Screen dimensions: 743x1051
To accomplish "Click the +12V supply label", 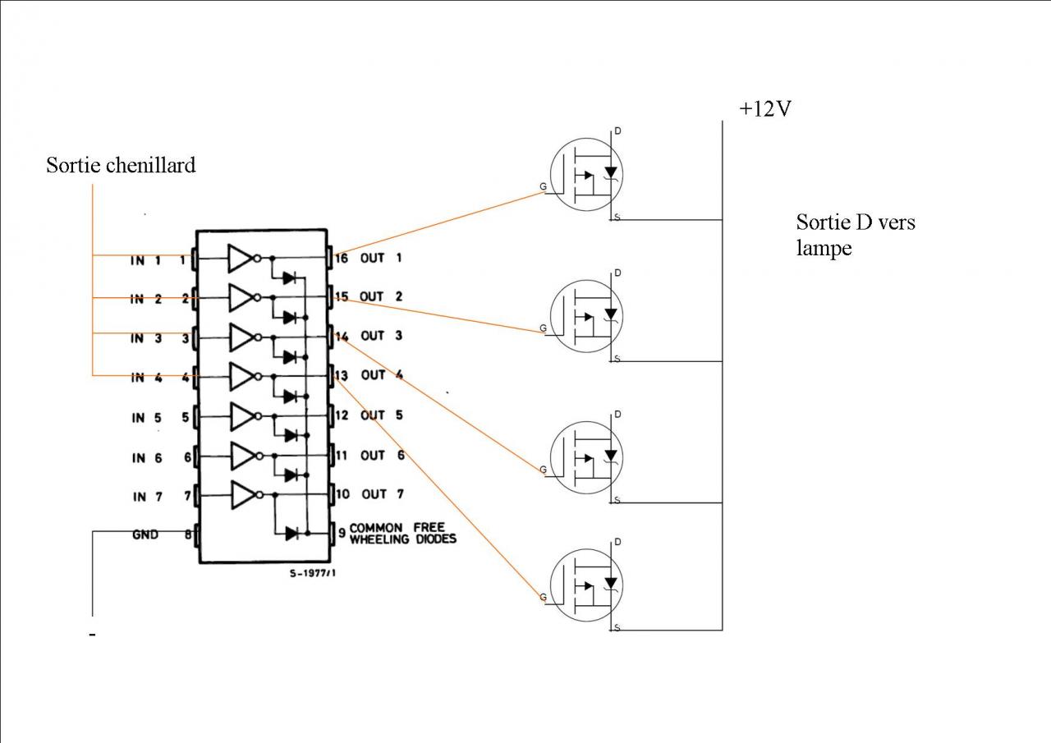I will [764, 109].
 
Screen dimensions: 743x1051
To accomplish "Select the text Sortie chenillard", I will [121, 166].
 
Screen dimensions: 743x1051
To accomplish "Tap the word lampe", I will [824, 248].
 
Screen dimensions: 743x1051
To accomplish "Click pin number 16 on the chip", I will [342, 259].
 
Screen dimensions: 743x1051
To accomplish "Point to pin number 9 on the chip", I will [342, 533].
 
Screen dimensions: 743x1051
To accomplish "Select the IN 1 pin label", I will [145, 260].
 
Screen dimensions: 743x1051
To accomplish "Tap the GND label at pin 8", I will [145, 534].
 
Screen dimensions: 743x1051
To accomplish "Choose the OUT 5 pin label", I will [382, 415].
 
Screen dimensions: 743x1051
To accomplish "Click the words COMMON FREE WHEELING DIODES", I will [402, 533].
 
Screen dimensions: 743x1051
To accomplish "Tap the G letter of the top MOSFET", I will [543, 187].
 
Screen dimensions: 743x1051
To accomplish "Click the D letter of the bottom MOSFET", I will [617, 542].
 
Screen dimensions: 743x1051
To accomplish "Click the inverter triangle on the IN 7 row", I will [242, 495].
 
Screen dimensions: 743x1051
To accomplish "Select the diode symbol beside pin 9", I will [291, 533].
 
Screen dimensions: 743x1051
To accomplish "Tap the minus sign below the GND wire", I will [92, 635].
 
